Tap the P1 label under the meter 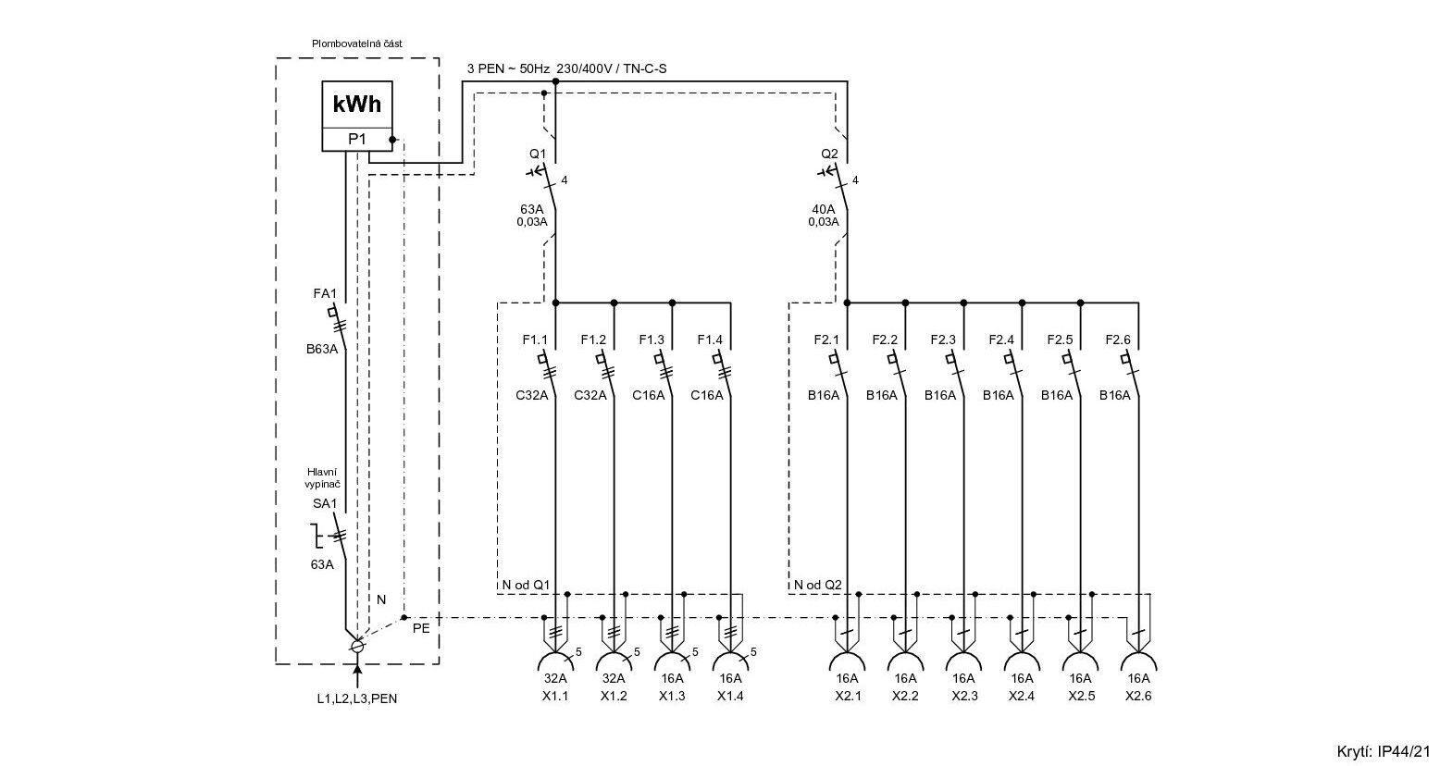pyautogui.click(x=356, y=140)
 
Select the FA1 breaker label pyautogui.click(x=325, y=294)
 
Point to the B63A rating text pyautogui.click(x=322, y=350)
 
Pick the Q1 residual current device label pyautogui.click(x=539, y=153)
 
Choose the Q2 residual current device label pyautogui.click(x=829, y=153)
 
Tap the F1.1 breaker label pyautogui.click(x=536, y=340)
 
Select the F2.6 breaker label pyautogui.click(x=1118, y=340)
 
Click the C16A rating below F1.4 pyautogui.click(x=707, y=395)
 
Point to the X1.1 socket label pyautogui.click(x=556, y=696)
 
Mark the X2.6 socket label pyautogui.click(x=1138, y=696)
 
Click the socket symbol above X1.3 pyautogui.click(x=673, y=661)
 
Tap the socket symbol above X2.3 pyautogui.click(x=963, y=661)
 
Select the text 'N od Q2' pyautogui.click(x=818, y=585)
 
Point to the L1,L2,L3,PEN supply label pyautogui.click(x=356, y=698)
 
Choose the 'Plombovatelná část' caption pyautogui.click(x=356, y=43)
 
